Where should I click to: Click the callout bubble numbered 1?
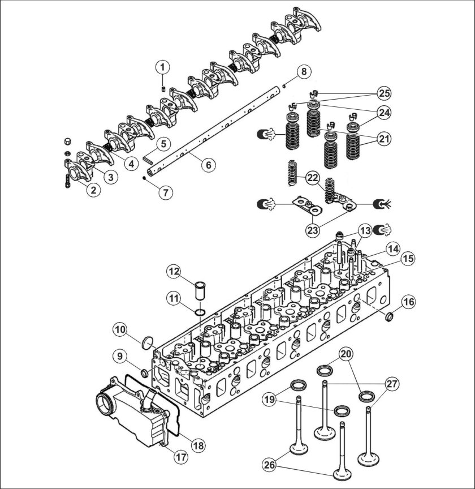tap(162, 67)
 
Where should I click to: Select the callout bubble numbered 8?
tap(304, 72)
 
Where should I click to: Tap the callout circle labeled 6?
tap(208, 165)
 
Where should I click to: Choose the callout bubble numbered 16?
tap(409, 302)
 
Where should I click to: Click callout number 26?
tap(270, 465)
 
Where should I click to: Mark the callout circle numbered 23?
tap(313, 230)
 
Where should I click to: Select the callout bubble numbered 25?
tap(385, 93)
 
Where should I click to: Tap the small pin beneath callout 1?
tap(163, 89)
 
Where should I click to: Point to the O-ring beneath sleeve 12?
tap(200, 312)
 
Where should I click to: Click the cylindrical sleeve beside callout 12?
tap(198, 290)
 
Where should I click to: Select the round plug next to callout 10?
tap(146, 341)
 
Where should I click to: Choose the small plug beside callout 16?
tap(390, 317)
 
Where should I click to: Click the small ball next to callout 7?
tap(144, 178)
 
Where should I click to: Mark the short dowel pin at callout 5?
tap(148, 158)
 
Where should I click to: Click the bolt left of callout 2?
tap(68, 181)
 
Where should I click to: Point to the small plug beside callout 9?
tap(145, 372)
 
